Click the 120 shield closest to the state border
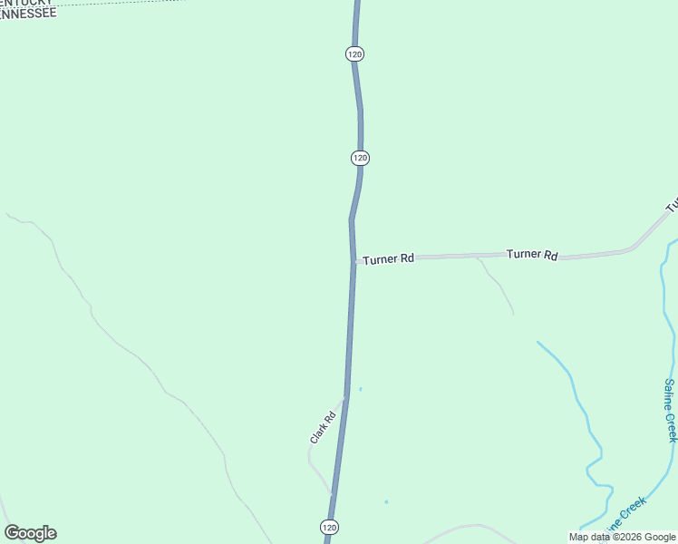[354, 54]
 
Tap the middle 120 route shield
[360, 158]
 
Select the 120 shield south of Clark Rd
[329, 527]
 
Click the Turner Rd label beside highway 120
[388, 259]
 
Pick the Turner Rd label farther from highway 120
[532, 255]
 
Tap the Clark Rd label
[323, 427]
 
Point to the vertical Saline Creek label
[670, 410]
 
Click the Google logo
[30, 533]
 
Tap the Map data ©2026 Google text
[622, 537]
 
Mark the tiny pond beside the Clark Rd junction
[361, 390]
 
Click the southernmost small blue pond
[386, 502]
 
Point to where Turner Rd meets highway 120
[354, 261]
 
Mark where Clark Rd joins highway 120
[344, 397]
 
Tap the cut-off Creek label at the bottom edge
[626, 515]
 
